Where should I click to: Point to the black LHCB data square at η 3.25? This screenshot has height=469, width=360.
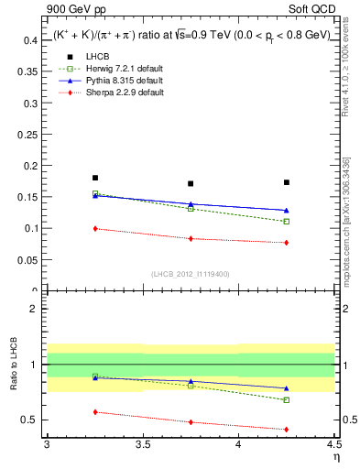click(94, 178)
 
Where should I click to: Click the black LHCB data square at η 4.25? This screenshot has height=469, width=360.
click(287, 182)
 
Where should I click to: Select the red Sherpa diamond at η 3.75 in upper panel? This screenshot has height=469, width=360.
click(191, 238)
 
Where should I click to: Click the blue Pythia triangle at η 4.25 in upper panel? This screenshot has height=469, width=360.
click(287, 210)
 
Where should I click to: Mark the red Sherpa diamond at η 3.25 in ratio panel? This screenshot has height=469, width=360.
click(94, 412)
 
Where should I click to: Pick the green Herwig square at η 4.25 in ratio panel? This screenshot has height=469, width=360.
click(287, 400)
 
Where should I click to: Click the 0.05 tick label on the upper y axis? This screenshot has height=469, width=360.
click(29, 260)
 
